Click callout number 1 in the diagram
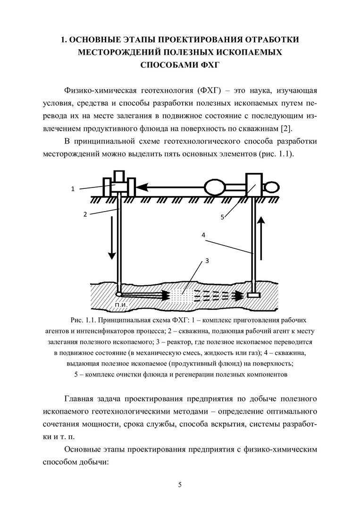[x=73, y=189]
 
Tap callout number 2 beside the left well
[x=85, y=214]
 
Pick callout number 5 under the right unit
[x=222, y=217]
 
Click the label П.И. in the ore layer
[x=121, y=304]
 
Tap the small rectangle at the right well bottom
[x=254, y=295]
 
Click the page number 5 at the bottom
[x=180, y=484]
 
